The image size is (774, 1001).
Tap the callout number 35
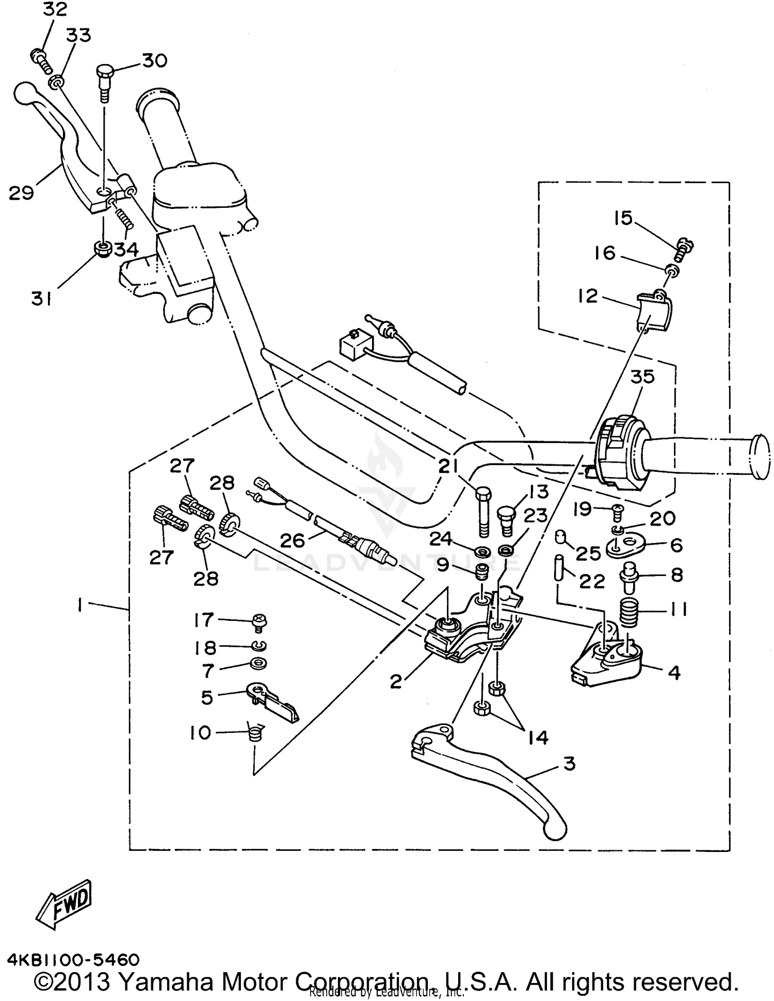click(x=642, y=377)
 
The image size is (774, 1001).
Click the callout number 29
click(x=21, y=193)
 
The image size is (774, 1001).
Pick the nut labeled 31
click(x=103, y=250)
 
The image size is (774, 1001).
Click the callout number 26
click(x=293, y=540)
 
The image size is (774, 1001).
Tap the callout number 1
click(x=80, y=606)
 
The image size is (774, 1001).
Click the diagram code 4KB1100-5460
click(x=73, y=959)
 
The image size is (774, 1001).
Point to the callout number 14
click(x=538, y=737)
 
